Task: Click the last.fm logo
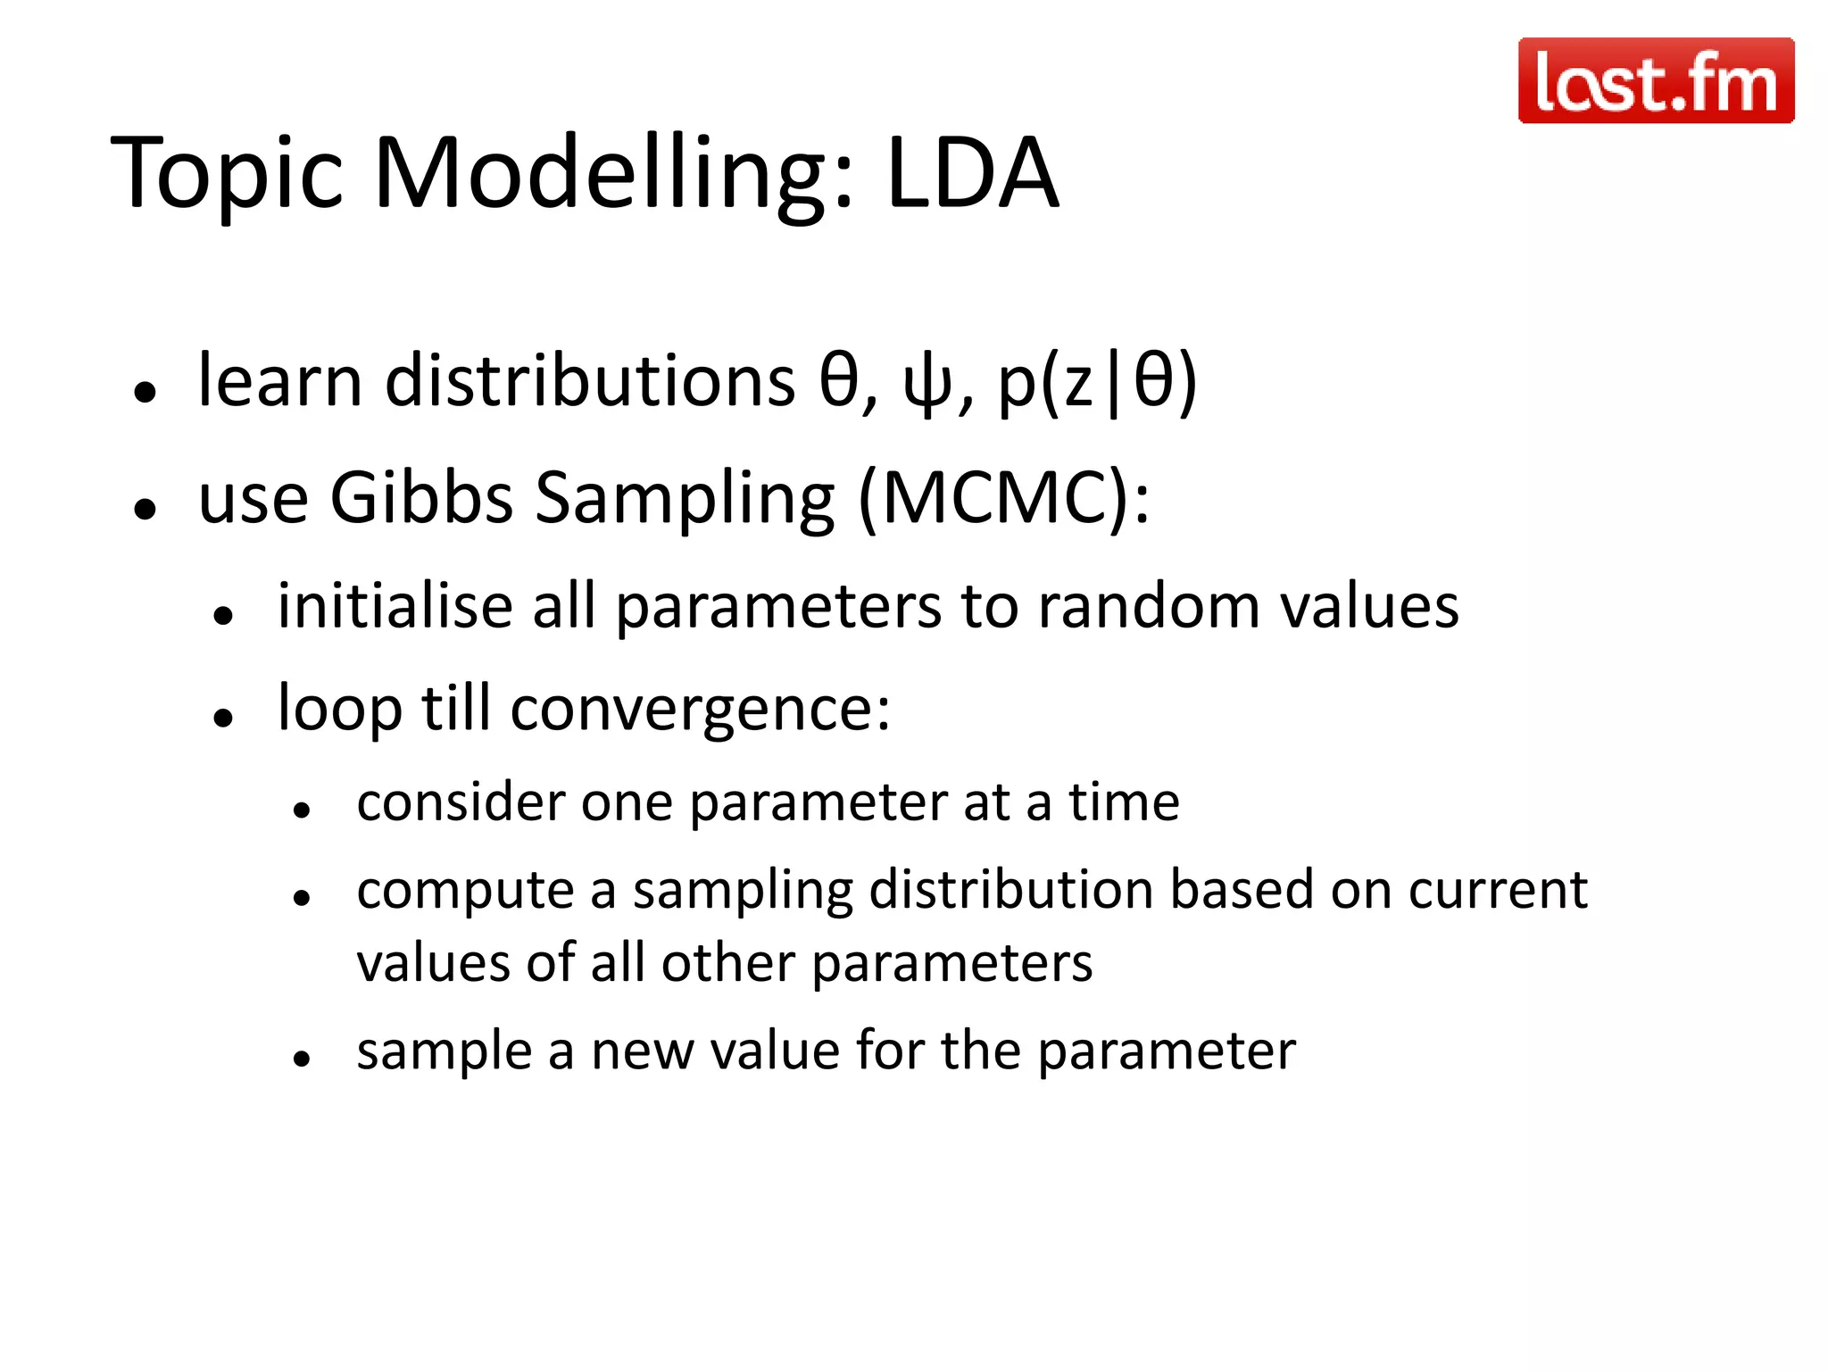click(x=1656, y=80)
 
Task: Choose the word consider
click(x=460, y=802)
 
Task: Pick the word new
click(x=642, y=1051)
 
